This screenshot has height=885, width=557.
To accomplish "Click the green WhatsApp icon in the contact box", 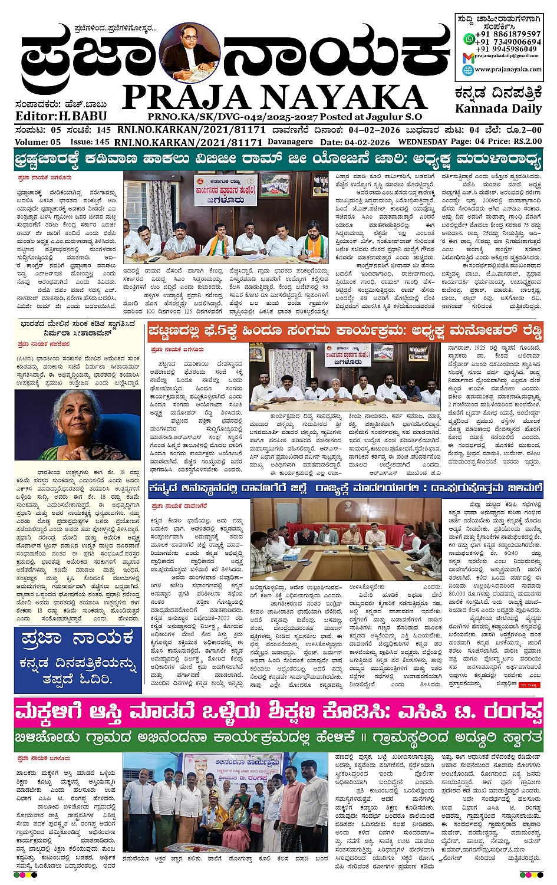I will tap(469, 39).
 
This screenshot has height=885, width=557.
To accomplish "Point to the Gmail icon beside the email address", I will tap(468, 57).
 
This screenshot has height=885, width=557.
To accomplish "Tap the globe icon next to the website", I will tap(468, 70).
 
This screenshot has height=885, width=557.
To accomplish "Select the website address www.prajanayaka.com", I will tap(508, 70).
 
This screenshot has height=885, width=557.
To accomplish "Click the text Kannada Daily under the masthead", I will tap(498, 108).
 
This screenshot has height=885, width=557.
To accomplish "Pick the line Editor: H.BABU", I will tap(53, 116).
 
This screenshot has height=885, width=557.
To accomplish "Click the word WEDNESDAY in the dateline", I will tap(422, 142).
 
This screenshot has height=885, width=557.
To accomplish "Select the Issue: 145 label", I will tap(90, 142).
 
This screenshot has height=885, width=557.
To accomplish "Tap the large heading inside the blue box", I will tap(77, 638).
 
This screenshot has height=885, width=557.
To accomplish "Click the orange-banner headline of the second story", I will tap(345, 331).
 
